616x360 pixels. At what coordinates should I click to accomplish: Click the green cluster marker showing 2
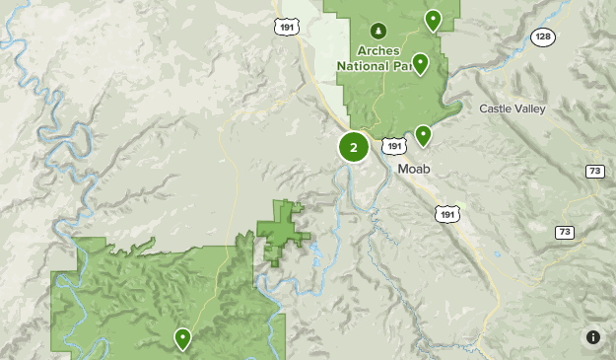tap(354, 148)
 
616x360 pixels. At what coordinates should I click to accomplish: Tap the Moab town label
tap(415, 169)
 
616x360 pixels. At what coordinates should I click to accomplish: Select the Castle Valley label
tap(513, 108)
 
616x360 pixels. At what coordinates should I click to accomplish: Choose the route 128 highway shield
tap(543, 36)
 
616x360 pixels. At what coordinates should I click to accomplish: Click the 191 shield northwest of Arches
tap(287, 28)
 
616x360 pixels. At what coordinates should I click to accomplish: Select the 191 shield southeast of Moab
tap(447, 213)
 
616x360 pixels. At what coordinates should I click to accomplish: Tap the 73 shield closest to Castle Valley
tap(594, 171)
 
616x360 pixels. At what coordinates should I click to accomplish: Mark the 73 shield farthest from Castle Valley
tap(564, 232)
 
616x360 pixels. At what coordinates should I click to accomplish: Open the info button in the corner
tap(593, 337)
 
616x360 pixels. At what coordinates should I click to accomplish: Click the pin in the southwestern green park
tap(182, 338)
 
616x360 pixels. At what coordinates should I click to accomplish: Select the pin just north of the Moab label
tap(423, 134)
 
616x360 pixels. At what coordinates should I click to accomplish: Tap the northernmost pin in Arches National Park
tap(432, 19)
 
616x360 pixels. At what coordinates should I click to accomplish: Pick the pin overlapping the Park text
tap(420, 63)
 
